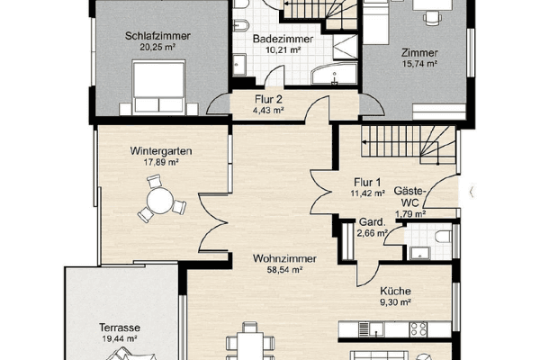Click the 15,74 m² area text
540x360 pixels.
click(x=418, y=65)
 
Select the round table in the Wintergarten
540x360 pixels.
click(x=158, y=200)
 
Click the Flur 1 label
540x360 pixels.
click(x=369, y=181)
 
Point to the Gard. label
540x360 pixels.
click(x=372, y=221)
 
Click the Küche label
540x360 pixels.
click(x=396, y=291)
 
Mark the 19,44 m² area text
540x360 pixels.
click(x=118, y=340)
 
